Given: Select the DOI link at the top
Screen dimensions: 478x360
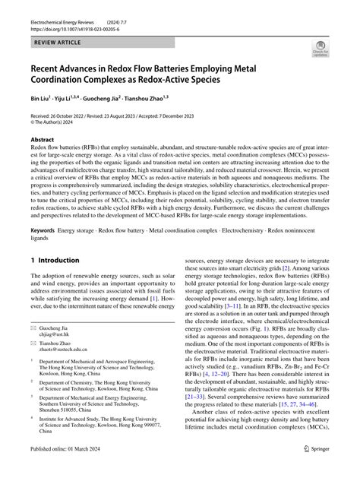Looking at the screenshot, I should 70,24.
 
